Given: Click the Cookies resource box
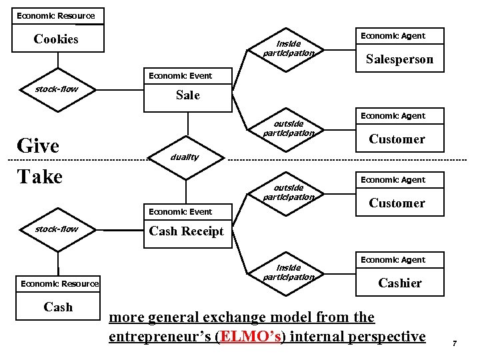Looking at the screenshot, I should (57, 39).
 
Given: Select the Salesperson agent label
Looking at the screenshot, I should (399, 59).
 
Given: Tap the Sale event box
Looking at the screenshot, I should (187, 95).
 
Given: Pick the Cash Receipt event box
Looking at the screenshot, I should (186, 231).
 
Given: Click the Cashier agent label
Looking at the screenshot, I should (399, 283).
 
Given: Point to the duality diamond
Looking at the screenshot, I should (185, 157).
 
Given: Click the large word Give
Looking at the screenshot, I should (38, 146).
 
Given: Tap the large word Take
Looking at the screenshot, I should (39, 177).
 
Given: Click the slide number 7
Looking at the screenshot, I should (453, 343).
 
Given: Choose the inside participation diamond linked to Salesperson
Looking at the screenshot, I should (288, 49).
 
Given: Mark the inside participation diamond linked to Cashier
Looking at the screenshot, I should (288, 273).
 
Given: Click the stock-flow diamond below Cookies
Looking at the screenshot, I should (57, 89).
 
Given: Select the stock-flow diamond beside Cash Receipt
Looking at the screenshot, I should (57, 229).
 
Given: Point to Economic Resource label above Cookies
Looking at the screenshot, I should (56, 15).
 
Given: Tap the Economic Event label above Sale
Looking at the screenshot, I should (180, 76).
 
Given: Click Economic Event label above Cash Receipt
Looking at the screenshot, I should (180, 212).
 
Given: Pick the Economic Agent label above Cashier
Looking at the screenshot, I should (393, 260).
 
